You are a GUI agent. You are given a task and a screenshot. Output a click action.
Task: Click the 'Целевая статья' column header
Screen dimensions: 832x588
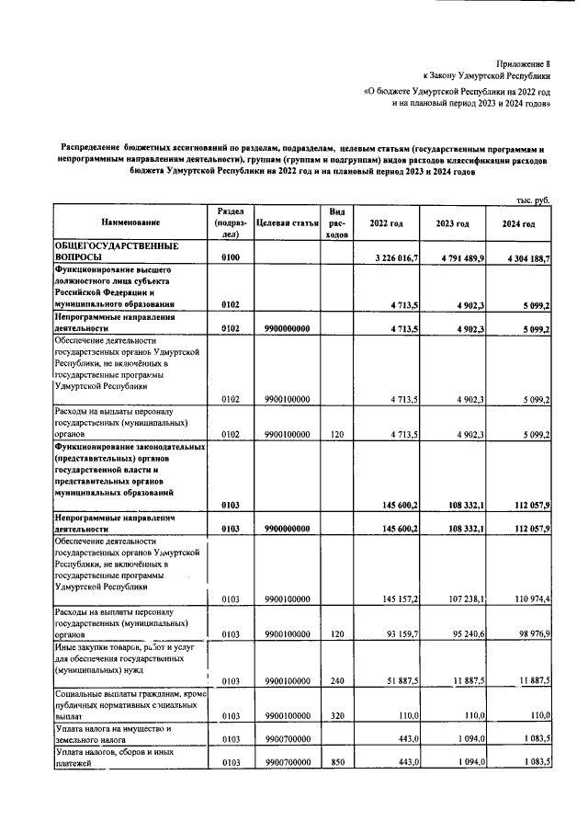[x=287, y=223]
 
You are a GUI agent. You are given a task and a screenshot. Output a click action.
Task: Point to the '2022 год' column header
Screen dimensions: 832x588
[x=386, y=223]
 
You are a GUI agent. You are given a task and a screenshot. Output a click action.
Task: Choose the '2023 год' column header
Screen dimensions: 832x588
[x=453, y=223]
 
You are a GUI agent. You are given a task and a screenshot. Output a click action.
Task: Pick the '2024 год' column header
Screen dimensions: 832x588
[x=518, y=223]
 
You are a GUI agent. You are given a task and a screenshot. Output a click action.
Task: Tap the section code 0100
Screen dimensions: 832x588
[x=230, y=259]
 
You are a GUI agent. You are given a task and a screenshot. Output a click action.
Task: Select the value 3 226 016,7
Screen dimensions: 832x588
[x=391, y=259]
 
